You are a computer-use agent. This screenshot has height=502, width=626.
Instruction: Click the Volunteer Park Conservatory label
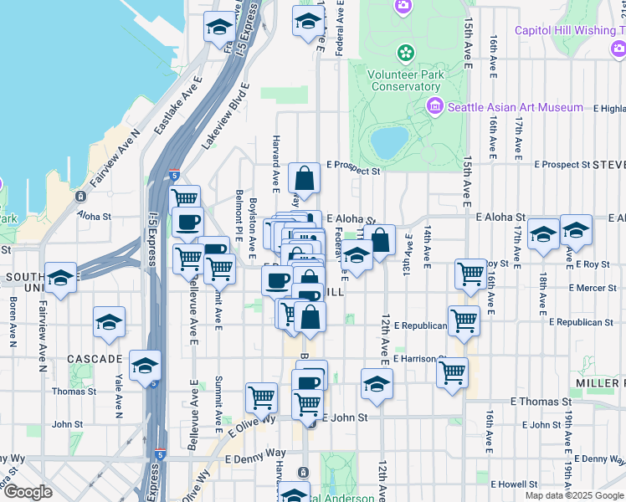point(405,79)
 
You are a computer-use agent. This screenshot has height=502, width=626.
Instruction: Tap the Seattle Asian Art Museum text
point(515,107)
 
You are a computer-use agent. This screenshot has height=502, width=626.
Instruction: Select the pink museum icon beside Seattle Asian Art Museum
point(434,106)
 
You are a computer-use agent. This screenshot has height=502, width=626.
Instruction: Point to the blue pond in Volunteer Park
point(389,142)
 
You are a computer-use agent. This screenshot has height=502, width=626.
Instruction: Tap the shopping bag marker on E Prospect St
point(304,178)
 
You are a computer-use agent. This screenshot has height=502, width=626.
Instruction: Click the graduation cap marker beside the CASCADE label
point(145,366)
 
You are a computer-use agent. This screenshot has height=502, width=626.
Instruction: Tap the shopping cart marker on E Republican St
point(464,320)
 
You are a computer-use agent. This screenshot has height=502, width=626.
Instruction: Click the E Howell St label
point(514,484)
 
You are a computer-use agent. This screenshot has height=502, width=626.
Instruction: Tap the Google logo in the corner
point(28,492)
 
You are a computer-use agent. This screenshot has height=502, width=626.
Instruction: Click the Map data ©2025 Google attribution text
point(574,495)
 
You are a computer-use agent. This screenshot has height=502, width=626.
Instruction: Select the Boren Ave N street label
point(14,318)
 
